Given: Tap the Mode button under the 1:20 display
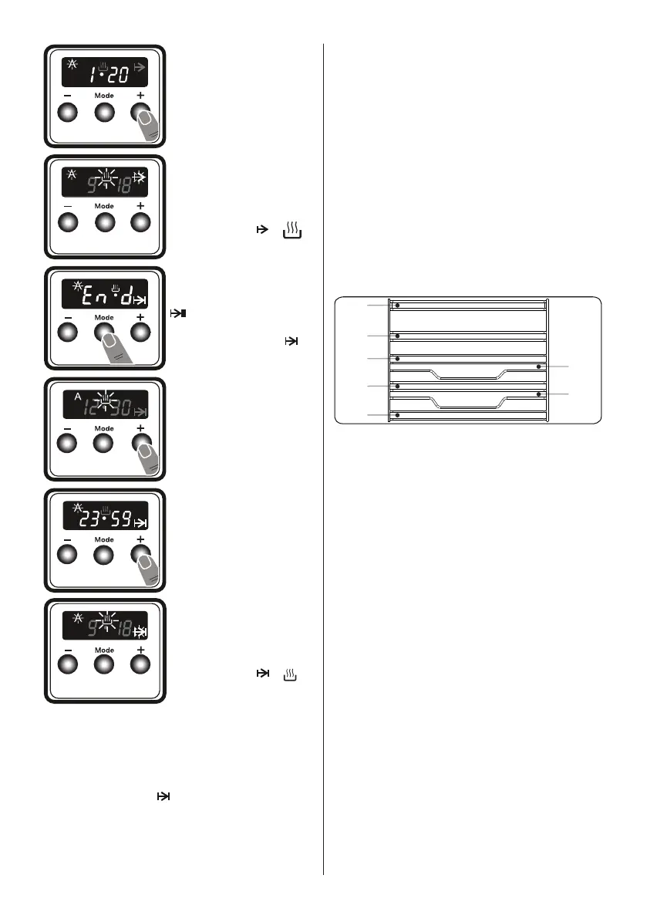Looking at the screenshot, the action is [104, 114].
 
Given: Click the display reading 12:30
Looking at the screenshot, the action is [105, 403].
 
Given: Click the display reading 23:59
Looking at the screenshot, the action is [105, 514].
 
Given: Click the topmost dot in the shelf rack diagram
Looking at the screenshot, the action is [397, 306].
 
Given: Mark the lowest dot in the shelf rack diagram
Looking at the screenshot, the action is [397, 415].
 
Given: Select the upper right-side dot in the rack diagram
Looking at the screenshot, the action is [538, 367].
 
